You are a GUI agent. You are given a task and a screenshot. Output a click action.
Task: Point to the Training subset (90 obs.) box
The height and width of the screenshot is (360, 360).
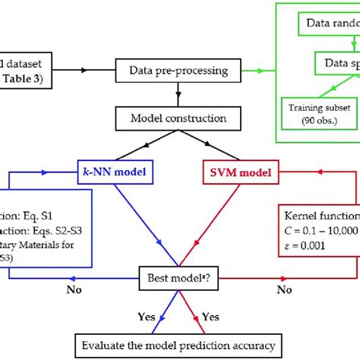click(316, 113)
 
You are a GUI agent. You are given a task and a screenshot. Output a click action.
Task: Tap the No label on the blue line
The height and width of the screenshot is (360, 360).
click(73, 290)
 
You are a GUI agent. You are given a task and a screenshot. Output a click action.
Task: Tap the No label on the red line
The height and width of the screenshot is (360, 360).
click(283, 290)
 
